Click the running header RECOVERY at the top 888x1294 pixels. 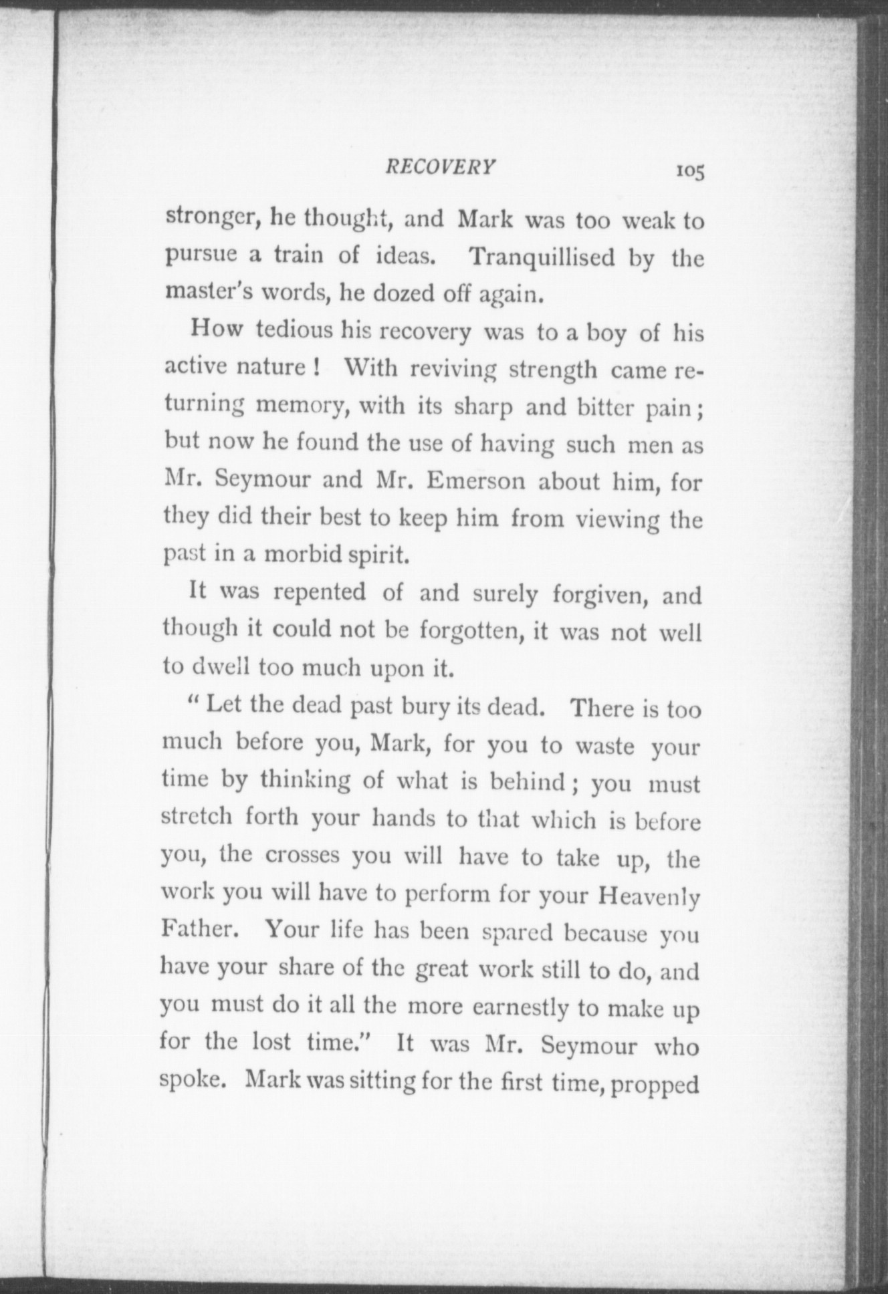click(x=441, y=167)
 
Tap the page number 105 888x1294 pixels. click(x=689, y=171)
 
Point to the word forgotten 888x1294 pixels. click(x=469, y=632)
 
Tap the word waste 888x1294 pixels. click(x=604, y=746)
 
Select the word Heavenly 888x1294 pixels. click(x=649, y=896)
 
